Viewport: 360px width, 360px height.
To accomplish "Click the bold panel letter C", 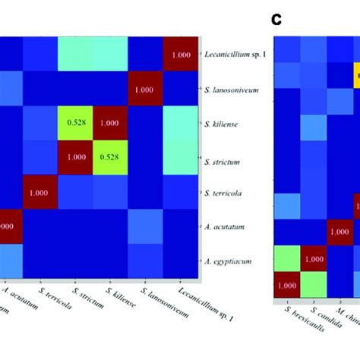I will pos(276,19).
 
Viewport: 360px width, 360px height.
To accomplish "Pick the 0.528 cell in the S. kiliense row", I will pos(75,124).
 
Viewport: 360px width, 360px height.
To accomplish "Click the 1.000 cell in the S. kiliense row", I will pos(109,124).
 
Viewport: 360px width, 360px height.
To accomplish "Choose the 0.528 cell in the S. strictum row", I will pos(109,158).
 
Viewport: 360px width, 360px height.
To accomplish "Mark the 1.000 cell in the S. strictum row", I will pos(75,158).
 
